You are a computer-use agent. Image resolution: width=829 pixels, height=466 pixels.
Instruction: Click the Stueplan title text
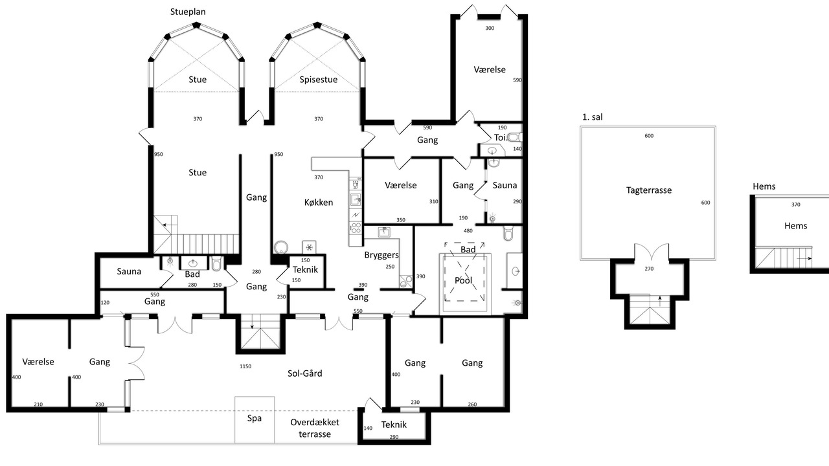188,12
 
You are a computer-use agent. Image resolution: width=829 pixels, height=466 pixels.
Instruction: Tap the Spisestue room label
318,80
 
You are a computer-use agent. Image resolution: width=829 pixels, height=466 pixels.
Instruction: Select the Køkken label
318,203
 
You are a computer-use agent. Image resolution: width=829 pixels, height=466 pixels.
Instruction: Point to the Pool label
463,280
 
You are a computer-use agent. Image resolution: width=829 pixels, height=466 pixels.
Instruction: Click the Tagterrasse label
649,190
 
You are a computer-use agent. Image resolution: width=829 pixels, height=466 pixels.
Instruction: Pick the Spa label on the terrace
255,418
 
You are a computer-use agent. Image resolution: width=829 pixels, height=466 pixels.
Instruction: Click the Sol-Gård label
304,373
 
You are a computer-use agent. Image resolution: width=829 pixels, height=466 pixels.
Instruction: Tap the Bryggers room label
381,255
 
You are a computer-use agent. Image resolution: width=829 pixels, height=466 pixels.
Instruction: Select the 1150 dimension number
245,366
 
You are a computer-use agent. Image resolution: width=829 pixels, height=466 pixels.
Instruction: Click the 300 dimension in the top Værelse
490,28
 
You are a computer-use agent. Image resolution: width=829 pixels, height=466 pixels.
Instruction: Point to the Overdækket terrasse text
315,428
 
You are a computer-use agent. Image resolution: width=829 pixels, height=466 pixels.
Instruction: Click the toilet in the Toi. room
515,138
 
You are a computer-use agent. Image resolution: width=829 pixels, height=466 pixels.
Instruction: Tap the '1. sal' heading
592,117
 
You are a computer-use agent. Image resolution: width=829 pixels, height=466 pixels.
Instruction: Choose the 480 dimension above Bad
468,231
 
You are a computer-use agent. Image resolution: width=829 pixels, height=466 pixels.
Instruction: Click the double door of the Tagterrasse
652,252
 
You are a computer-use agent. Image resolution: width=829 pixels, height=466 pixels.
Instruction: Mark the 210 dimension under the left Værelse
38,405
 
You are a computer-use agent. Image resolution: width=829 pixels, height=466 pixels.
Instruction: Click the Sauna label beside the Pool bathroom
505,185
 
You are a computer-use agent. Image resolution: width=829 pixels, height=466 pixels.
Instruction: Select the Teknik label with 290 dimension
394,425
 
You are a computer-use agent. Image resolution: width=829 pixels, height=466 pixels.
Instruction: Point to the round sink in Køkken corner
281,247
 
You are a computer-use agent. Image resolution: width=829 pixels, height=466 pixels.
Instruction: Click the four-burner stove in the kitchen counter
356,227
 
